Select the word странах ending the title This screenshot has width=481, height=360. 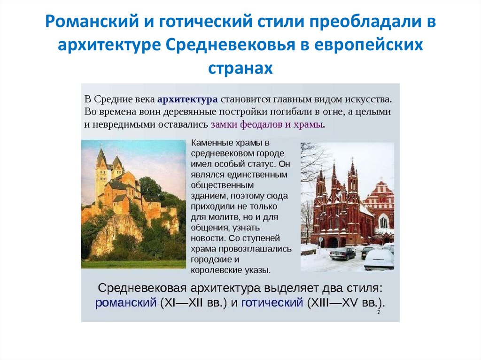click(x=240, y=68)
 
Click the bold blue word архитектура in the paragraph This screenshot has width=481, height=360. click(x=187, y=100)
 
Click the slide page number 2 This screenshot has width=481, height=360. click(x=379, y=313)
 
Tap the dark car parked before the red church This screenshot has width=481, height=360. click(x=342, y=253)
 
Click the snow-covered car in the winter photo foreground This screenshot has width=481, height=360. click(x=379, y=259)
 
